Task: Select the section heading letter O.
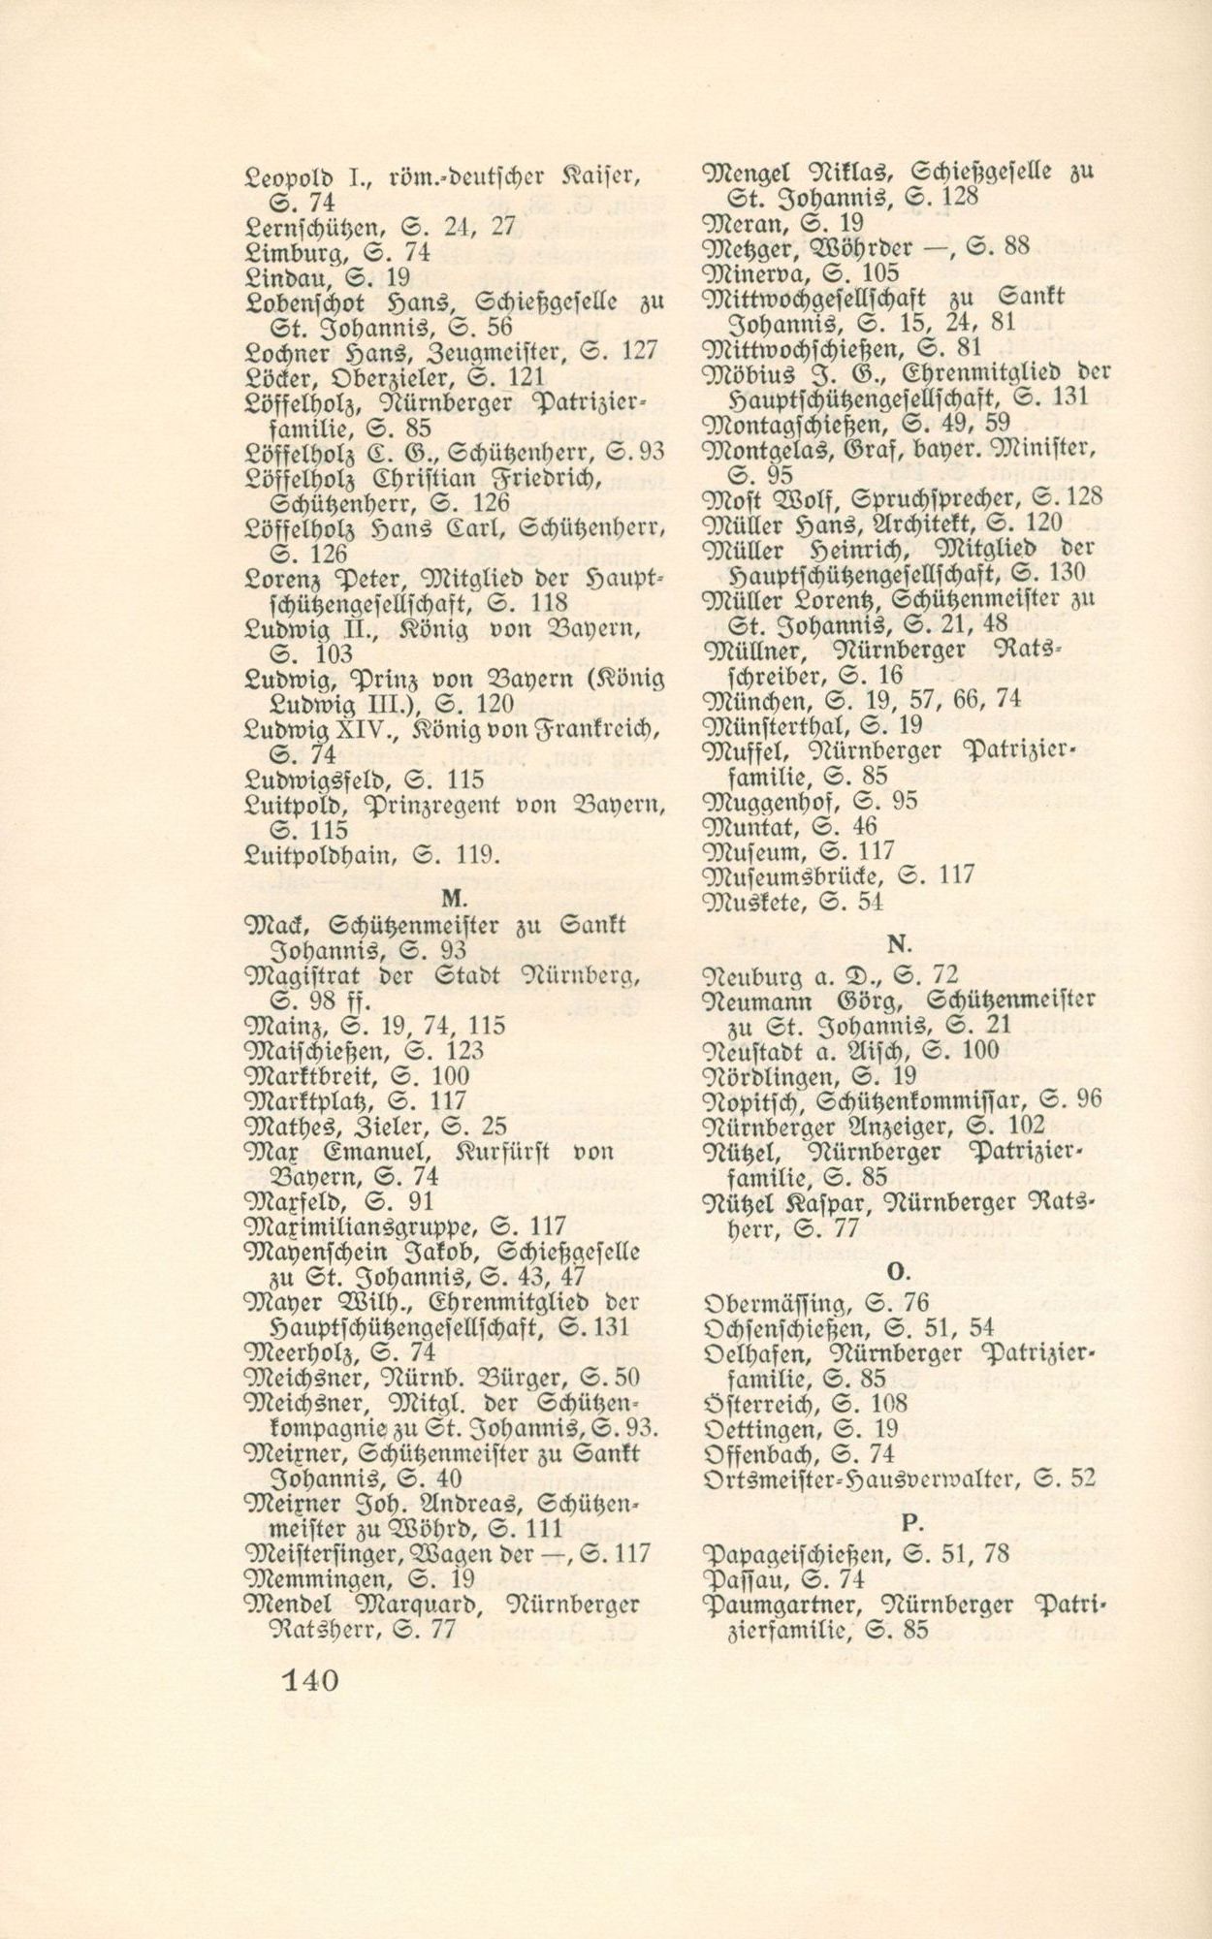tap(897, 1269)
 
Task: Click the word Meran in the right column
tap(744, 221)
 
